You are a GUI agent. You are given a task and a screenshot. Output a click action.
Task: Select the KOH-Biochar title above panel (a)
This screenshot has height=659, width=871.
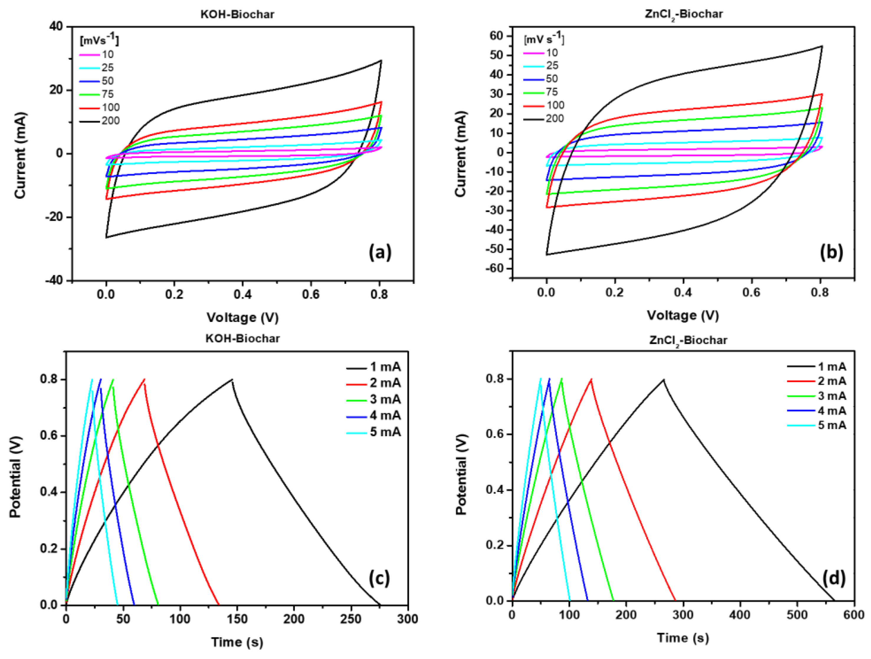(x=237, y=14)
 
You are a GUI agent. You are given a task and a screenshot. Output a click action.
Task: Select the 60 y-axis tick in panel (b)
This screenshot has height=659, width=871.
(x=497, y=36)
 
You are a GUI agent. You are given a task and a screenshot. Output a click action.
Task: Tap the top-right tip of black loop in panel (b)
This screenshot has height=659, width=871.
(x=822, y=46)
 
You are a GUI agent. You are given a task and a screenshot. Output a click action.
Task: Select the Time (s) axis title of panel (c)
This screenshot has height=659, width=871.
(x=237, y=642)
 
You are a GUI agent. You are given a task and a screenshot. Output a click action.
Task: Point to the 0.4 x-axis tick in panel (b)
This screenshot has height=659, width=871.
(x=683, y=292)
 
